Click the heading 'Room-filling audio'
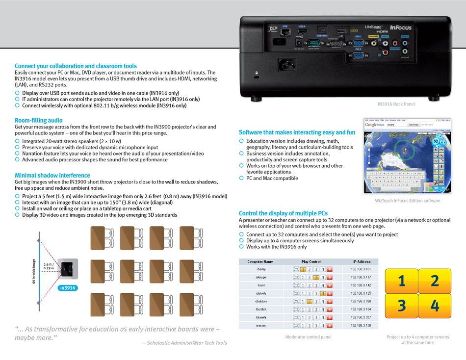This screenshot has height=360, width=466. click(x=38, y=120)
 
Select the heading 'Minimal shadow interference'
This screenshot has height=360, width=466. click(x=52, y=175)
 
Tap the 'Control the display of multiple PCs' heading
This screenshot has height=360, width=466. click(x=283, y=213)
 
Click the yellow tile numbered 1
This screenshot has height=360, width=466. click(x=402, y=281)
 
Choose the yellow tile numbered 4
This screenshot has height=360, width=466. click(x=435, y=306)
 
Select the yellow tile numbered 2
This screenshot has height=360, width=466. click(x=435, y=281)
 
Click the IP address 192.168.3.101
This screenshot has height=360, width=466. click(x=361, y=269)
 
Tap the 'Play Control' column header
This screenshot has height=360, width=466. click(x=311, y=262)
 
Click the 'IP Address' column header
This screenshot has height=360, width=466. click(x=362, y=262)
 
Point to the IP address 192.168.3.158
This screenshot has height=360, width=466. click(x=361, y=325)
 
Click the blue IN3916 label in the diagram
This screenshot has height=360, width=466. click(x=68, y=288)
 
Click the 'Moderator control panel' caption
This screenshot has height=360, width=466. click(x=308, y=337)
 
